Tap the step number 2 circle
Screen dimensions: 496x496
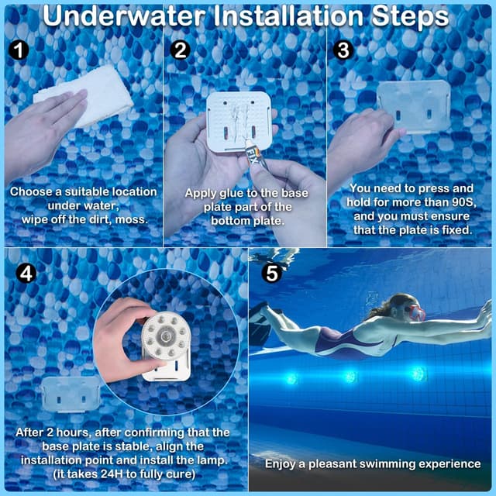[x=181, y=50]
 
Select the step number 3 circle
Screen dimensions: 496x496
[x=344, y=50]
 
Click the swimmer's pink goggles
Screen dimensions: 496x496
[x=416, y=314]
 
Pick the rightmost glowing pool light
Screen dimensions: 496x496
[x=419, y=374]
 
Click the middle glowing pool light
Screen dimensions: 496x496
[x=350, y=376]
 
